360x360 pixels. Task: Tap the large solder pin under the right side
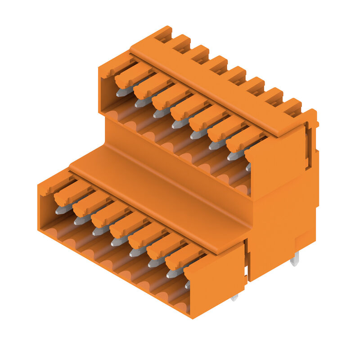tap(295, 259)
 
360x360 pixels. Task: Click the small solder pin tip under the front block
tap(234, 297)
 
